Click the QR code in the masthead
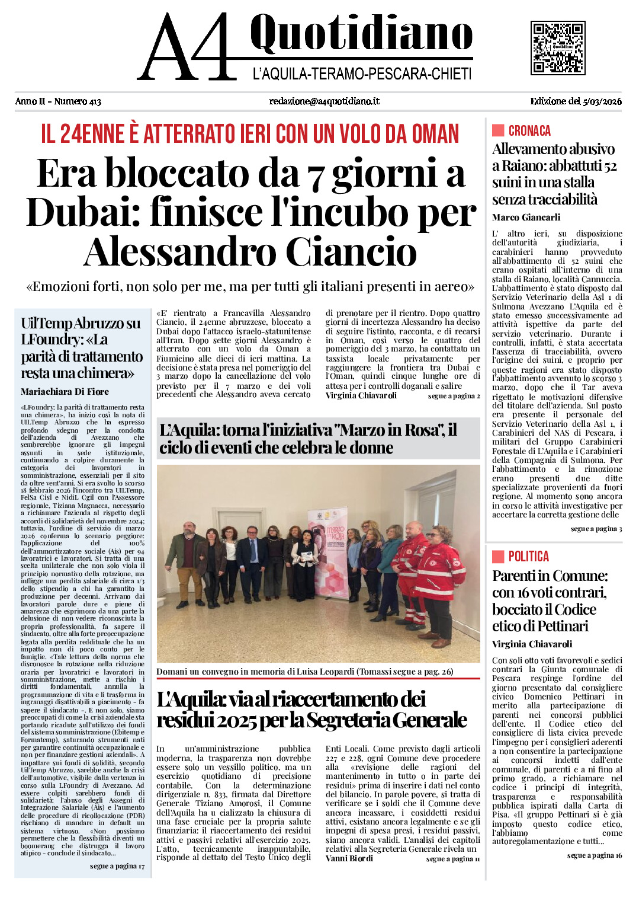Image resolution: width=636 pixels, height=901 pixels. point(558,48)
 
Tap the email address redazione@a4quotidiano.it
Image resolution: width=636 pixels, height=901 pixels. point(324,101)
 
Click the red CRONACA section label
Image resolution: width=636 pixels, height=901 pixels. point(529,131)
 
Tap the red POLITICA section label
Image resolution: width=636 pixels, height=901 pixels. point(528,557)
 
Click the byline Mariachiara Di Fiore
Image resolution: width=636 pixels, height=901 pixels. point(65,392)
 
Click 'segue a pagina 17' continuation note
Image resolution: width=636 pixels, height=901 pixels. point(117,866)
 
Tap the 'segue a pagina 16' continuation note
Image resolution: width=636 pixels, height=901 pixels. point(594,855)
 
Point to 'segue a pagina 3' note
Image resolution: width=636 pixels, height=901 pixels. point(596,529)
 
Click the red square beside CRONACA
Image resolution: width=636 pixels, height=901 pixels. point(498,130)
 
